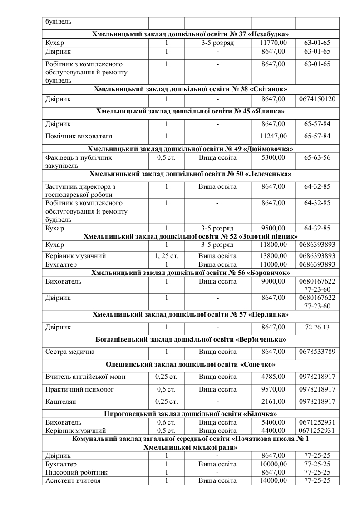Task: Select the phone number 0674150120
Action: click(x=317, y=98)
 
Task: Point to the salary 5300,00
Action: click(x=274, y=158)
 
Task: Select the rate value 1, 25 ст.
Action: click(x=166, y=256)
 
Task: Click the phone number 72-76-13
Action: click(x=317, y=327)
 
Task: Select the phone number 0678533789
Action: click(x=317, y=352)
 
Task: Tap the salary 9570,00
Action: click(x=274, y=389)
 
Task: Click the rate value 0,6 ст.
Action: click(x=166, y=422)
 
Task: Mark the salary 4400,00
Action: click(x=274, y=431)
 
